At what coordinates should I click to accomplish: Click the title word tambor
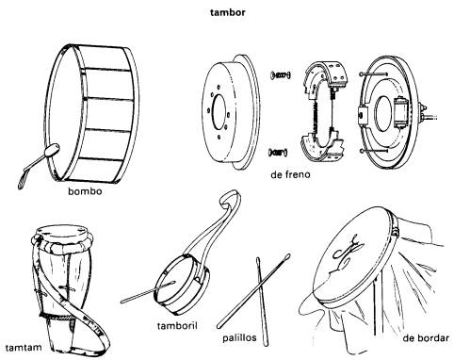coord(227,12)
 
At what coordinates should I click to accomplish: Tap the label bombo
coord(85,191)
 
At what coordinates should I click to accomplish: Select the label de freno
coord(290,174)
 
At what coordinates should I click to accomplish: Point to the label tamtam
coord(24,348)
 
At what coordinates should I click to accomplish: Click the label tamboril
coord(177,325)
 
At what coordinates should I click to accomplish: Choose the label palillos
coord(239,337)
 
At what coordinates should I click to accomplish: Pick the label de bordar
coord(426,338)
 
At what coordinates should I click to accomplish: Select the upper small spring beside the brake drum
coord(280,75)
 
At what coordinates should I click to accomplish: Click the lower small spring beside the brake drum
coord(278,153)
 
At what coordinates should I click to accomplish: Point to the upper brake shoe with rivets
coord(327,75)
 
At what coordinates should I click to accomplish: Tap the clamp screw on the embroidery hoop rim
coord(396,231)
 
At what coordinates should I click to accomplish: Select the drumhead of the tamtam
coord(62,232)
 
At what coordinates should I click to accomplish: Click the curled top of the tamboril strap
coord(229,198)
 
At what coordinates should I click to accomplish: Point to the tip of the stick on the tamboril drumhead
coord(173,283)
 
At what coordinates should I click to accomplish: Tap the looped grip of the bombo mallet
coord(23,180)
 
